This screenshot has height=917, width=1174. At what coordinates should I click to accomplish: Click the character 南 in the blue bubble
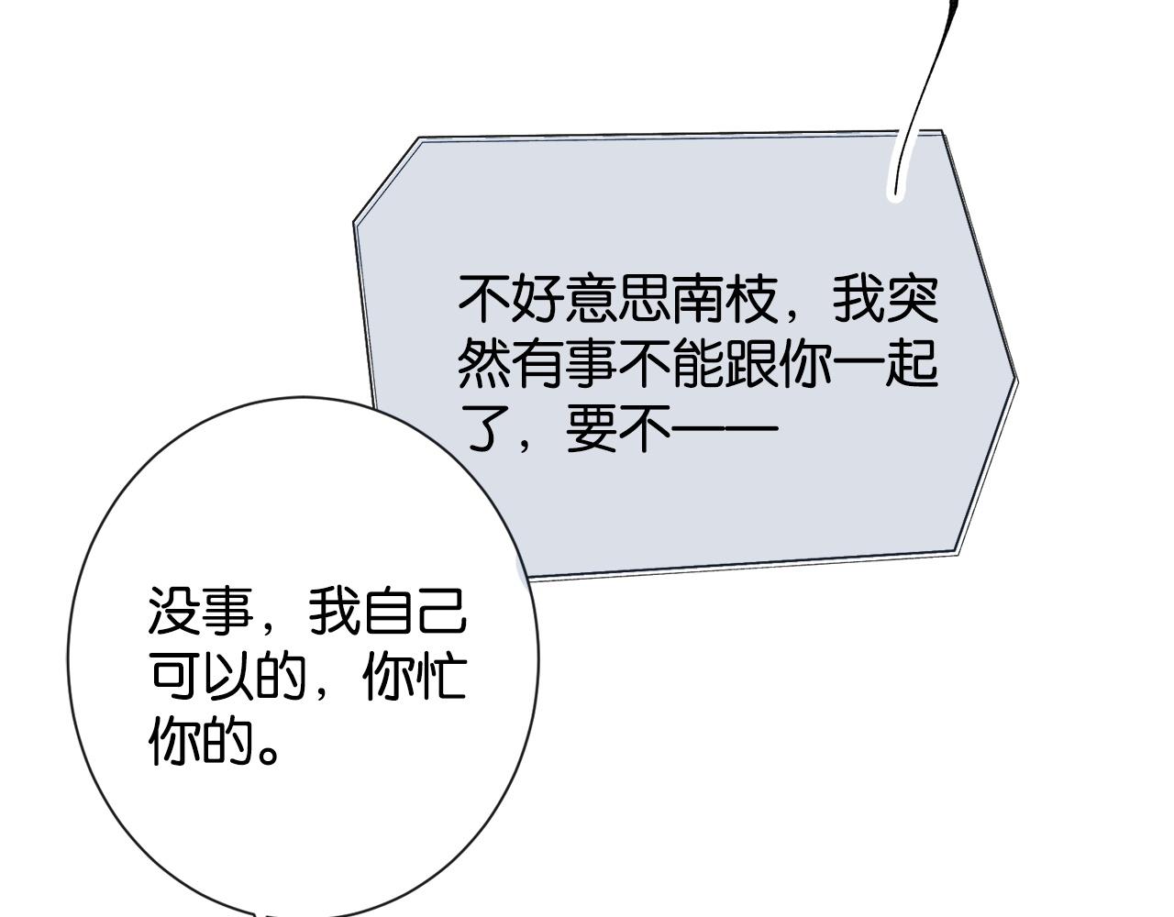tap(697, 299)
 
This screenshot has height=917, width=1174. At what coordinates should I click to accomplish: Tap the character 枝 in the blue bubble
tap(751, 299)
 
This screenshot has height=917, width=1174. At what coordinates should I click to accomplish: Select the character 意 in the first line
tap(591, 299)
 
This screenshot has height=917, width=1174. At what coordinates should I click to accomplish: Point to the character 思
tap(644, 299)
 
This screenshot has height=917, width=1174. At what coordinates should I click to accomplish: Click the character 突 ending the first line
tap(913, 299)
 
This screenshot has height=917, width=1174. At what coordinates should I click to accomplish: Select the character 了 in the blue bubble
tap(484, 428)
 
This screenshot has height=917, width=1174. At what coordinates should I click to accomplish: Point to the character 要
tap(591, 428)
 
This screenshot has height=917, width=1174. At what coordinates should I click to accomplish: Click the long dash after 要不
tap(724, 429)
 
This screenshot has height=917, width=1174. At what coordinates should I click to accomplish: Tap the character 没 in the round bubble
tap(174, 611)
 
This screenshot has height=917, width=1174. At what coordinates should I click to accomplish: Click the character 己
tap(441, 611)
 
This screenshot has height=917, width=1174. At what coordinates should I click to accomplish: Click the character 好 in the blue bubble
tap(537, 299)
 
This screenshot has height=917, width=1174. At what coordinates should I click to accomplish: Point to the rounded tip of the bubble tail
tap(895, 195)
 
